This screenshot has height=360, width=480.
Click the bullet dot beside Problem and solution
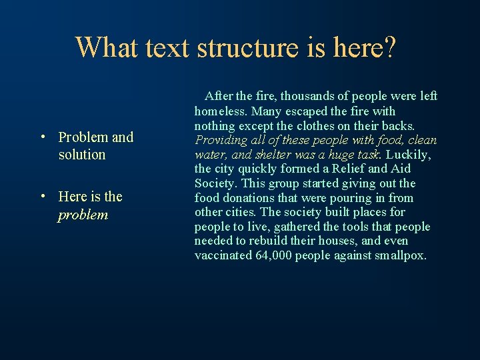[42, 138]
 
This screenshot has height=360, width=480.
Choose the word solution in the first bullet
[82, 155]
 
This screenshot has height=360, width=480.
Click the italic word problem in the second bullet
[83, 215]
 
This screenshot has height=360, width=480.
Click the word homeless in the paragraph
[220, 111]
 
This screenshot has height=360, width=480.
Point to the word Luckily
[408, 155]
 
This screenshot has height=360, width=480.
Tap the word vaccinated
[223, 255]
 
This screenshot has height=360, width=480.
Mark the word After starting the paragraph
[219, 97]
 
